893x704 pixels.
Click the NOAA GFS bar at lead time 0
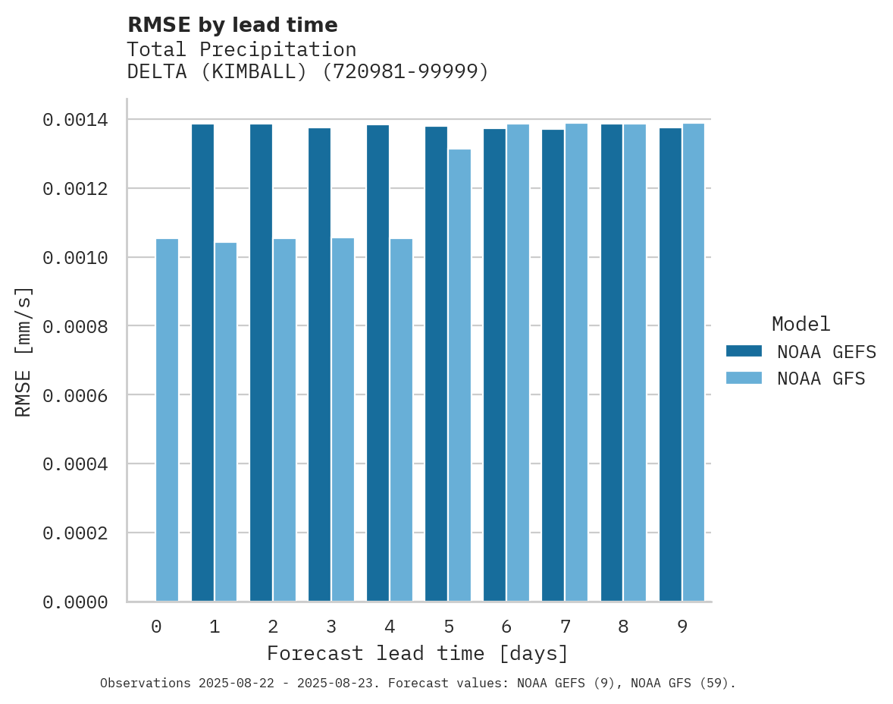pos(167,420)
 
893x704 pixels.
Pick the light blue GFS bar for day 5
pos(459,376)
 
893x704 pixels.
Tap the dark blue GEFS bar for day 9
pos(670,365)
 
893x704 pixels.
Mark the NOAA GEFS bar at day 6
pos(494,365)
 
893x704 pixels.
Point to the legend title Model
pos(801,324)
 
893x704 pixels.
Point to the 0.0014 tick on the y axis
pos(74,120)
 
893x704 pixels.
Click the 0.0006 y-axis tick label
pos(74,395)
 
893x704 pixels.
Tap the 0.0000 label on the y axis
pos(74,602)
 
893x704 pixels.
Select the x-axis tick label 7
pos(566,627)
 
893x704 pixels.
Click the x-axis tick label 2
pos(273,627)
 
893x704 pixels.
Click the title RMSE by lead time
pos(232,25)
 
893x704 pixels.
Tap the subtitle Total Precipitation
pos(241,49)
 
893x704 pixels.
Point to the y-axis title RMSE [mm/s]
pos(23,352)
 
